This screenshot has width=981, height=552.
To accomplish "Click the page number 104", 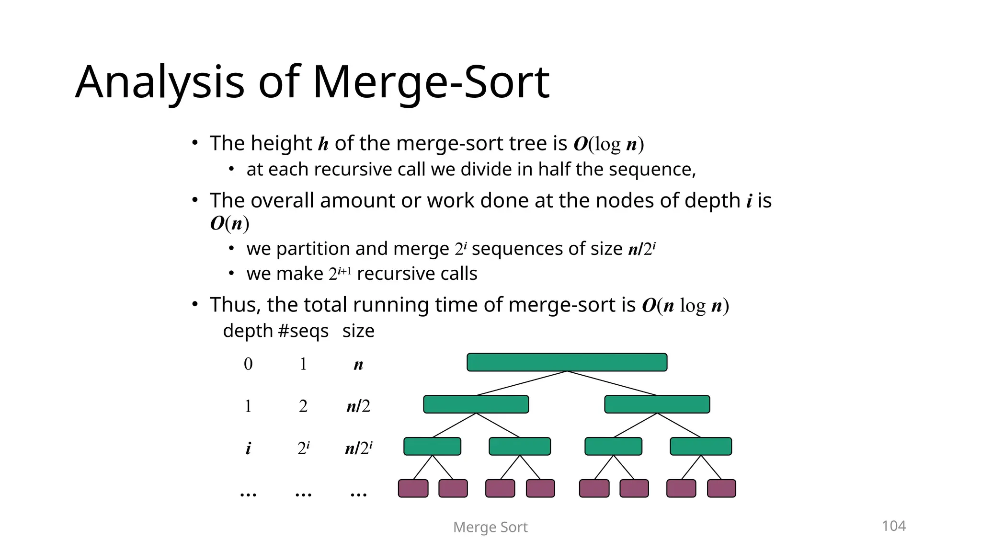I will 893,526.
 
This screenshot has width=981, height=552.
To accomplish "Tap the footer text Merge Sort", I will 490,527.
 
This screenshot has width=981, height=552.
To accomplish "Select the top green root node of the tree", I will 567,362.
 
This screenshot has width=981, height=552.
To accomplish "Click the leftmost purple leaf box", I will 413,488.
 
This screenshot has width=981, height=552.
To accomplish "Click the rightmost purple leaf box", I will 721,488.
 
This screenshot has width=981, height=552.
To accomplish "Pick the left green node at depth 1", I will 476,404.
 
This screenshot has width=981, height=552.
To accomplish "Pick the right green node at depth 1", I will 657,404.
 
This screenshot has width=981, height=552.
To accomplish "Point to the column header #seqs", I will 303,331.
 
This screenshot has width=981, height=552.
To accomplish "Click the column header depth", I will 248,331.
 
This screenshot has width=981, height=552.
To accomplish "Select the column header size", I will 358,331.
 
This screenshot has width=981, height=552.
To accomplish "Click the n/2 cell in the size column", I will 358,406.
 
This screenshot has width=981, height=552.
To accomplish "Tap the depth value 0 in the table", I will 248,364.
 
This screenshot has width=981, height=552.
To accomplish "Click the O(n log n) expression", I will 685,305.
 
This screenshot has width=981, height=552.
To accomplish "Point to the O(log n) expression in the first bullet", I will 608,144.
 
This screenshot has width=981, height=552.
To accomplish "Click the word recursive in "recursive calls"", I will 387,274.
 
